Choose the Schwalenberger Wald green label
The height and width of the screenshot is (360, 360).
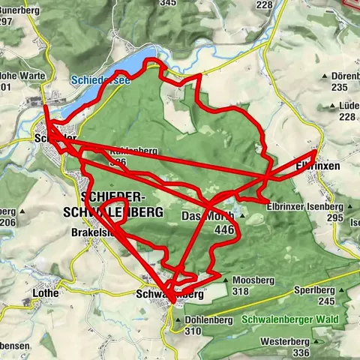(x=290, y=319)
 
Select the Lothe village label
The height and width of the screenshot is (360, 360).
(x=46, y=293)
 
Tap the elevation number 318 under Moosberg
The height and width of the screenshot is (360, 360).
(x=241, y=290)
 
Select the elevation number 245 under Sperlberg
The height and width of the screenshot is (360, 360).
(x=325, y=300)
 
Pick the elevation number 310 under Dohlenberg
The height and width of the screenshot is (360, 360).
(x=193, y=331)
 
